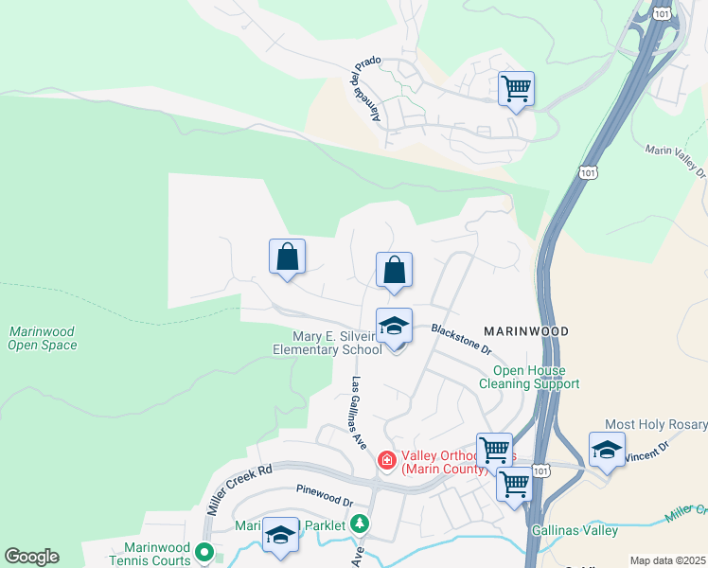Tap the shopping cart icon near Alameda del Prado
pos(516,89)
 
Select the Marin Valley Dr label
pos(676,161)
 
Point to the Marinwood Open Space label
pos(43,338)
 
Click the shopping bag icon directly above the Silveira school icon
pos(394,270)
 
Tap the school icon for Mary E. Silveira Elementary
pos(394,327)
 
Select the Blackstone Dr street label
pos(462,337)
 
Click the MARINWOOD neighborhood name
pos(525,331)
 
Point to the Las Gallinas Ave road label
pos(359,412)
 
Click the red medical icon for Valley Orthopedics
pos(386,461)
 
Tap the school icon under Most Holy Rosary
pos(606,450)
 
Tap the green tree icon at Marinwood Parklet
pos(359,524)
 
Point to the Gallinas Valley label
pos(575,530)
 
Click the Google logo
pos(31,557)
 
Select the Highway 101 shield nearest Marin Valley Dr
pos(587,173)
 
